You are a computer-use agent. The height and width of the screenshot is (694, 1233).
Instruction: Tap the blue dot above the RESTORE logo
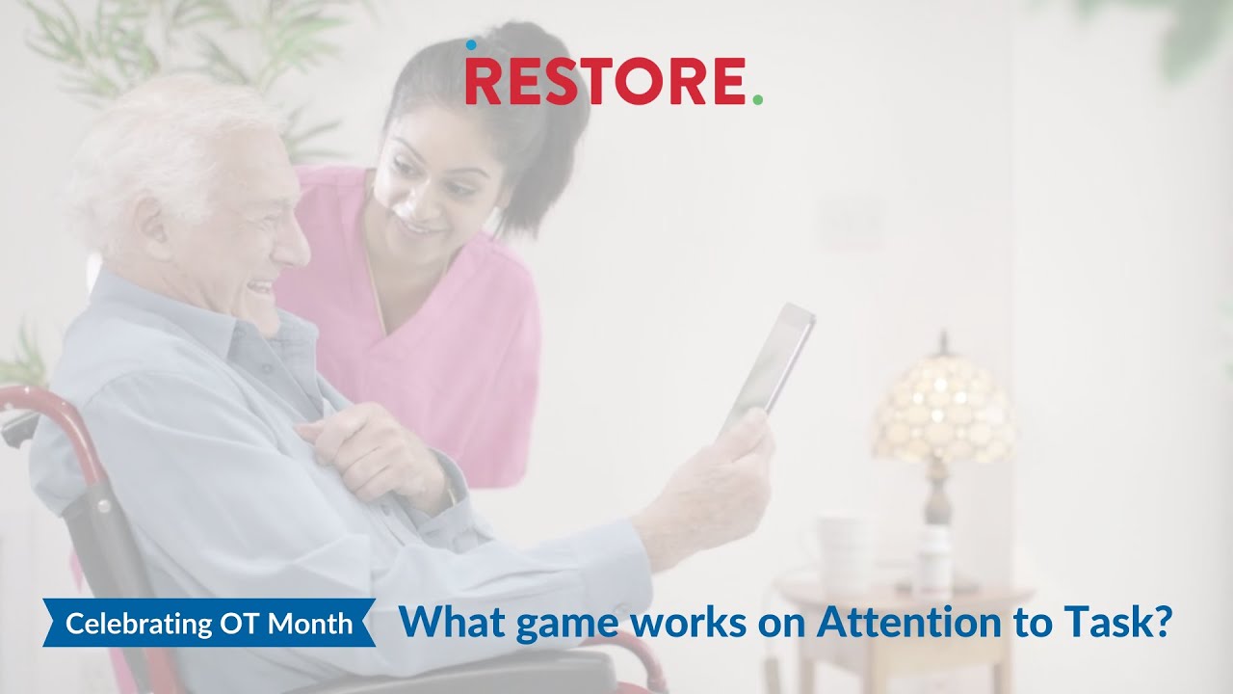pyautogui.click(x=471, y=44)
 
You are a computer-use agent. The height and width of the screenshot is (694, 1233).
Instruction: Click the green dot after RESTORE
pyautogui.click(x=757, y=98)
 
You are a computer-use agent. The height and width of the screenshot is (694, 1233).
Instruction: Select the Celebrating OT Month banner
pyautogui.click(x=209, y=624)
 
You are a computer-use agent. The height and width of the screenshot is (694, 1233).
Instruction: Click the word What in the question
pyautogui.click(x=453, y=623)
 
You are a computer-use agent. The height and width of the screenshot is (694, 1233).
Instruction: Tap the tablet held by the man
pyautogui.click(x=770, y=365)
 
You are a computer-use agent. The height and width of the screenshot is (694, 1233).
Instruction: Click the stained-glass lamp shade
pyautogui.click(x=943, y=409)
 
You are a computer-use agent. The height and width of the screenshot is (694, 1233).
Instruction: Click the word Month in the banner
pyautogui.click(x=310, y=624)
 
